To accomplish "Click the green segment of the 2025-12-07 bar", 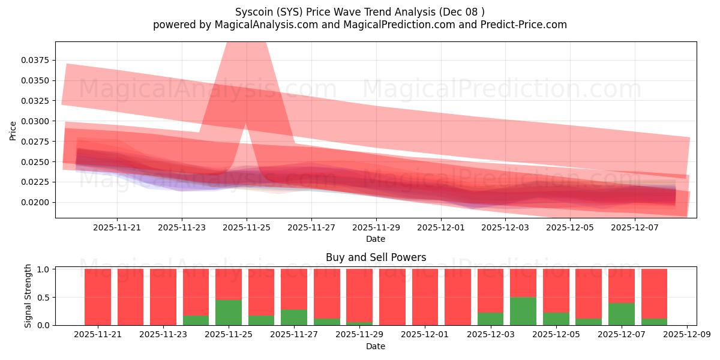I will pyautogui.click(x=621, y=314).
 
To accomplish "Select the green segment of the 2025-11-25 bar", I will pyautogui.click(x=229, y=312).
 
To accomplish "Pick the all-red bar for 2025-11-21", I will pyautogui.click(x=98, y=297).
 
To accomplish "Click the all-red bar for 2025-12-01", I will pyautogui.click(x=425, y=297).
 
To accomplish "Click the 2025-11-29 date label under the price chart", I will pyautogui.click(x=376, y=227).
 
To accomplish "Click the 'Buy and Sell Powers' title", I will pyautogui.click(x=376, y=257).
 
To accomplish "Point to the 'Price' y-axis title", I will pyautogui.click(x=13, y=131).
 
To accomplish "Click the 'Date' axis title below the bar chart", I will pyautogui.click(x=376, y=346).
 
